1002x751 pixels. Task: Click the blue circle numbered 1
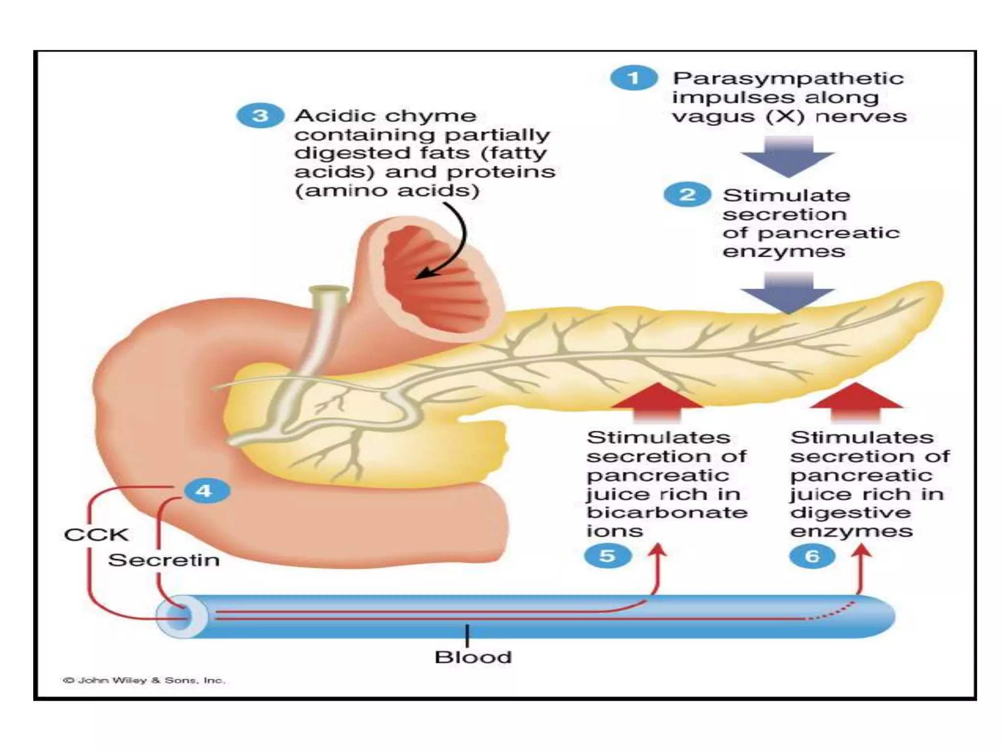coord(634,78)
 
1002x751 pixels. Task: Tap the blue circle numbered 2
coord(687,195)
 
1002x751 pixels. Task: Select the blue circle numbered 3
coord(260,116)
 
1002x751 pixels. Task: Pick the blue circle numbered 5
coord(607,556)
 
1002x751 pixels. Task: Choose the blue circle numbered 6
coord(812,556)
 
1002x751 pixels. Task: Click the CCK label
coord(96,534)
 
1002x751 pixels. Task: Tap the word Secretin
coord(163,560)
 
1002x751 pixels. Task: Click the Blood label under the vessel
coord(473,657)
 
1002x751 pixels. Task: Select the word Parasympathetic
coord(788,78)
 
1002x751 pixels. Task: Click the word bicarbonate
coord(667,512)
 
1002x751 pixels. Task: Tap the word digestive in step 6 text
coord(850,512)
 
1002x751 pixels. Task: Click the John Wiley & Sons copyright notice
coord(144,680)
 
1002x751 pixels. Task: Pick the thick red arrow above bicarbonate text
coord(657,402)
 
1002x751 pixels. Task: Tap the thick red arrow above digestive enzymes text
coord(856,402)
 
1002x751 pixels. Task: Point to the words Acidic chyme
coord(385,116)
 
